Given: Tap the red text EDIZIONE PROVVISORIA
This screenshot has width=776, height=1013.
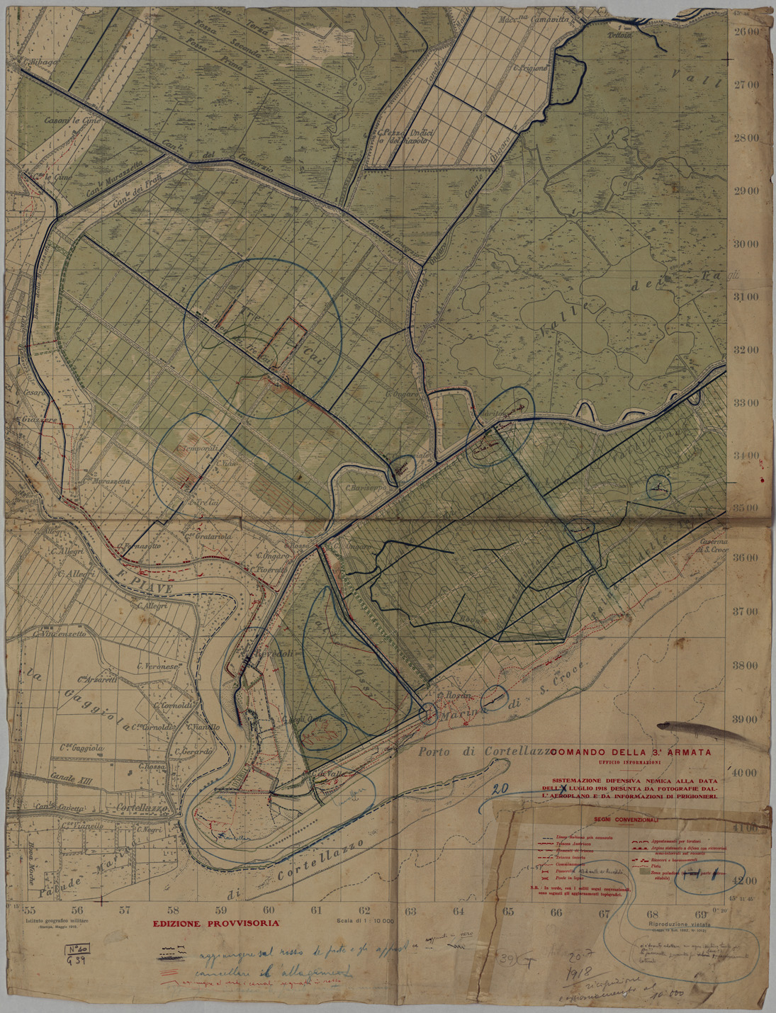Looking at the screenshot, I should [217, 923].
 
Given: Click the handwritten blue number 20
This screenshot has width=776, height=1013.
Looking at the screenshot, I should [502, 788].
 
